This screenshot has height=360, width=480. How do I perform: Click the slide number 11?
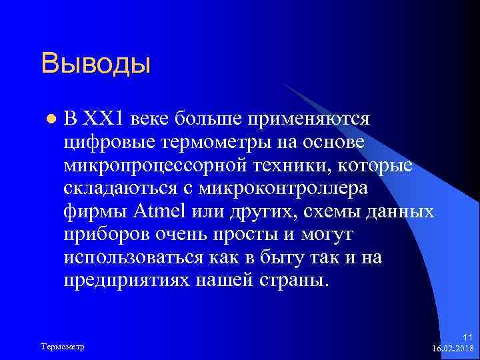tap(467, 339)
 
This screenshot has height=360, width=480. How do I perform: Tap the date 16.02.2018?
tap(453, 349)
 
